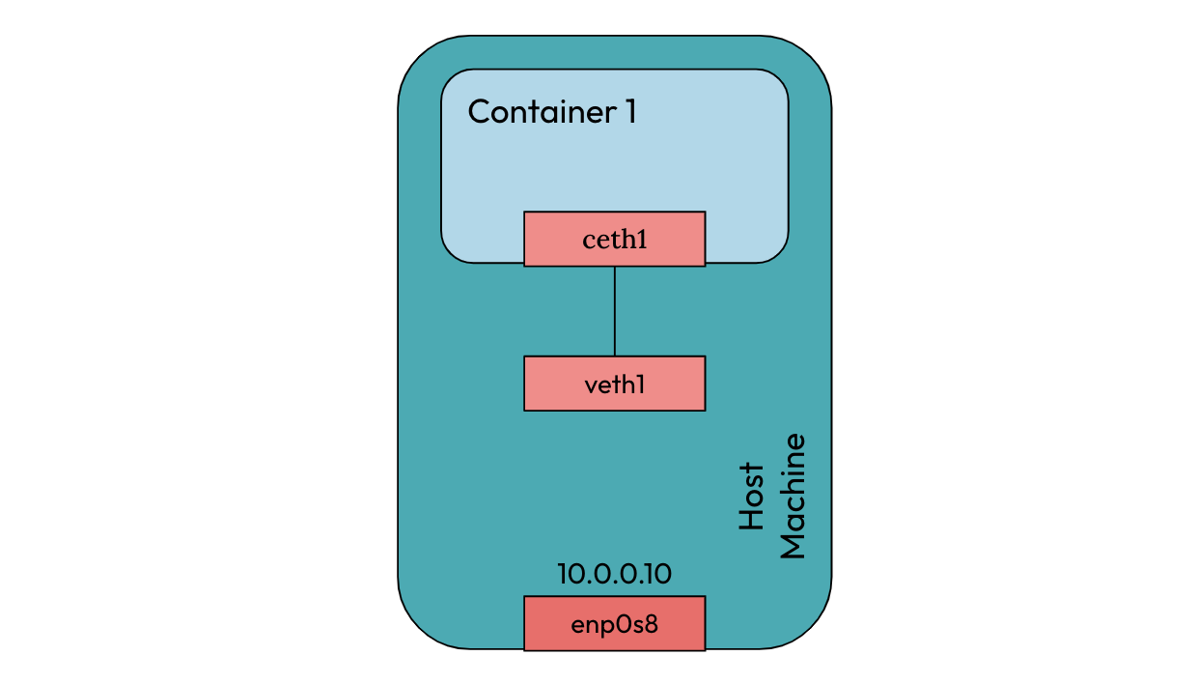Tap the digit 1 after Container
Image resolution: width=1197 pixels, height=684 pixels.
pos(630,112)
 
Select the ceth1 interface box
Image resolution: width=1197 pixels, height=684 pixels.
pos(614,239)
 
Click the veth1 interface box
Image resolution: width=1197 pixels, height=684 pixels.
pos(614,384)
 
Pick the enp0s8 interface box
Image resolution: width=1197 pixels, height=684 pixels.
pos(614,623)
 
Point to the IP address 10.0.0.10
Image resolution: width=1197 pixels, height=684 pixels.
pos(614,574)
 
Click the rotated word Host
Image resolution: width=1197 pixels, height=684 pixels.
pos(751,497)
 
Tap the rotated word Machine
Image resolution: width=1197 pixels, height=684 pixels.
pos(792,497)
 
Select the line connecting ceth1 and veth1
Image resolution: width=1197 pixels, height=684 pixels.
pos(614,311)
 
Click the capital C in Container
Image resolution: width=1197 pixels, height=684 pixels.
pos(479,112)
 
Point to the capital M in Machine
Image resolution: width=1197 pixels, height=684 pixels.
pos(792,546)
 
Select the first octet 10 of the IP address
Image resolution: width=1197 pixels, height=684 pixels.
pos(569,574)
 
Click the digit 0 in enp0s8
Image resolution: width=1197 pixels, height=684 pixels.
pos(626,623)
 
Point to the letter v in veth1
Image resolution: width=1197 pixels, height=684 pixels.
pos(591,385)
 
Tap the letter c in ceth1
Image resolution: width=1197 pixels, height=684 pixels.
pos(588,241)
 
